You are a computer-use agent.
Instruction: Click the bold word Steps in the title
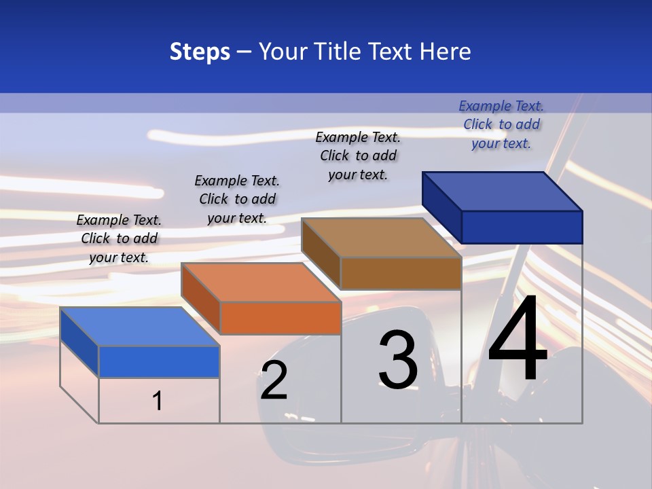click(x=200, y=52)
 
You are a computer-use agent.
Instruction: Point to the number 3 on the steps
click(x=398, y=360)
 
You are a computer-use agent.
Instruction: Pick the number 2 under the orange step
click(x=274, y=380)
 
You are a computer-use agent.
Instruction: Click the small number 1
click(x=158, y=401)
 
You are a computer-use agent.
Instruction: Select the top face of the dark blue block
click(x=503, y=191)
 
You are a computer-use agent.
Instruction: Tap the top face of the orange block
click(x=261, y=283)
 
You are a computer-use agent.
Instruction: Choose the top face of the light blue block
click(x=140, y=327)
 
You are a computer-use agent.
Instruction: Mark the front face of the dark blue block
click(x=522, y=227)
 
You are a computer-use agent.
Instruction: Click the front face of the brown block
click(x=401, y=273)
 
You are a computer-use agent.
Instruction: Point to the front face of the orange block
click(x=280, y=318)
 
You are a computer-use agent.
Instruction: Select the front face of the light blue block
click(x=159, y=361)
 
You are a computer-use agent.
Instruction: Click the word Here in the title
click(x=445, y=52)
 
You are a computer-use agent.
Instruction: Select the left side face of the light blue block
click(x=79, y=342)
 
